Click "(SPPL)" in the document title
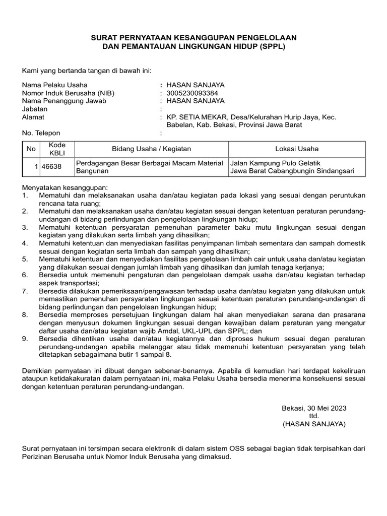(273, 47)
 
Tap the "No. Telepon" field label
(41, 134)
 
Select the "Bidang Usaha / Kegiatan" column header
(151, 149)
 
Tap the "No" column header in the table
(31, 149)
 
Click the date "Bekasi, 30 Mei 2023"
(314, 408)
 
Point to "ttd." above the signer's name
(314, 416)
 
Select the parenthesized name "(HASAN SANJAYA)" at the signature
(314, 424)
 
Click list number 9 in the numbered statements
(26, 339)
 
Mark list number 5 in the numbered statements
(26, 259)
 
